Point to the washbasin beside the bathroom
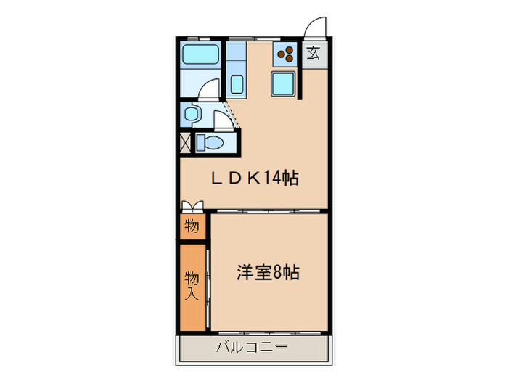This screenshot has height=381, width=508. (192, 113)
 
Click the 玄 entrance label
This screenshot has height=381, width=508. (314, 52)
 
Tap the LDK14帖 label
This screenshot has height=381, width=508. (257, 178)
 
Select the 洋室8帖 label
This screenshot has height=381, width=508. (268, 273)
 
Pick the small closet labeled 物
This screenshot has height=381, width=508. (192, 226)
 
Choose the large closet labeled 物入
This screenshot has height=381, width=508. (192, 284)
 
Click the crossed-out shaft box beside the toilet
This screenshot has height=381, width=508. (185, 142)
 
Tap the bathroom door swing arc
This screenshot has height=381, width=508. (210, 89)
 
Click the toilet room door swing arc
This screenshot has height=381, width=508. (224, 120)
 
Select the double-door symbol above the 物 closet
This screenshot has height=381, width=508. (192, 206)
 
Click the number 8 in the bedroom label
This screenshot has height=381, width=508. (276, 273)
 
